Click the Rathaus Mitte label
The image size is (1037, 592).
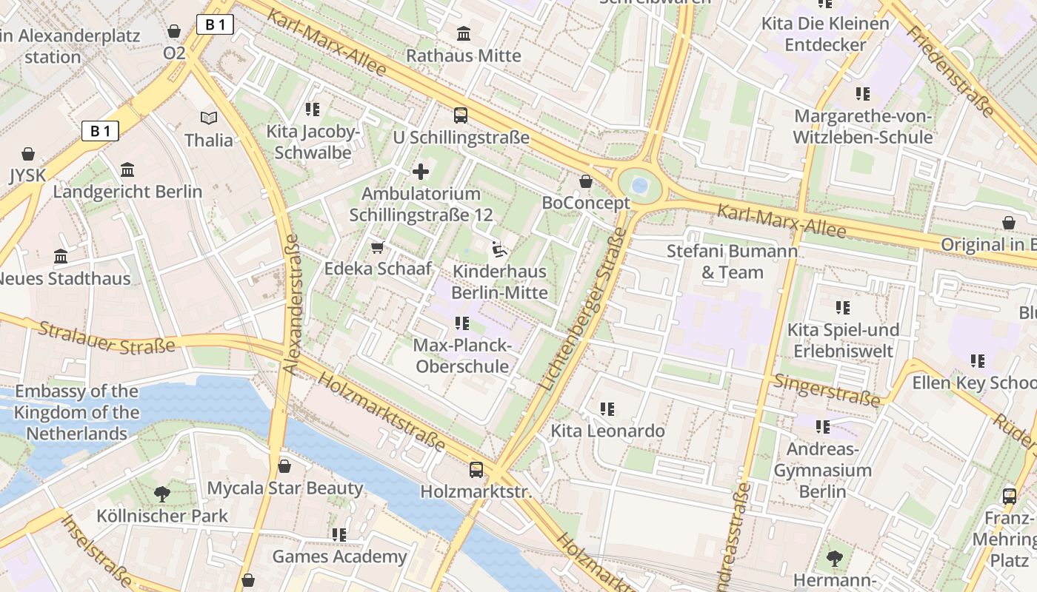pyautogui.click(x=464, y=55)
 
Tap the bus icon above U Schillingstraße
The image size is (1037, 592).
pyautogui.click(x=461, y=115)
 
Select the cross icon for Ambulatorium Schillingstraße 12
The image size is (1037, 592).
pyautogui.click(x=421, y=172)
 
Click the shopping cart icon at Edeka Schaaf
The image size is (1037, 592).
pyautogui.click(x=378, y=247)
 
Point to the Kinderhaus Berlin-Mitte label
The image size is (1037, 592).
pyautogui.click(x=499, y=282)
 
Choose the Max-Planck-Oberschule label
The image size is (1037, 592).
pyautogui.click(x=462, y=356)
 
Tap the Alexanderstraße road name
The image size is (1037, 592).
pyautogui.click(x=290, y=303)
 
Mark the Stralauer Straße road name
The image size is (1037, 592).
pyautogui.click(x=107, y=337)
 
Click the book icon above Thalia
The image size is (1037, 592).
pyautogui.click(x=209, y=118)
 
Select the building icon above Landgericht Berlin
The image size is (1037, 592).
pyautogui.click(x=127, y=170)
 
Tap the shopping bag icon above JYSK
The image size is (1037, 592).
pyautogui.click(x=28, y=154)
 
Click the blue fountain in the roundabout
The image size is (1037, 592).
pyautogui.click(x=639, y=185)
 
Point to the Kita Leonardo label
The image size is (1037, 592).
pyautogui.click(x=607, y=431)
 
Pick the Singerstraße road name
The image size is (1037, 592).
pyautogui.click(x=827, y=390)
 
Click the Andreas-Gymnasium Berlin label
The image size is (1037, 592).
pyautogui.click(x=822, y=471)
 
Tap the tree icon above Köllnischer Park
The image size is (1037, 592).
pyautogui.click(x=161, y=494)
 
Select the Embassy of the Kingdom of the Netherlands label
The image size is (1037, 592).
pyautogui.click(x=76, y=412)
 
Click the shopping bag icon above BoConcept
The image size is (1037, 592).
pyautogui.click(x=586, y=181)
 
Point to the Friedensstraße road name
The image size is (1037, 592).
pyautogui.click(x=950, y=71)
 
